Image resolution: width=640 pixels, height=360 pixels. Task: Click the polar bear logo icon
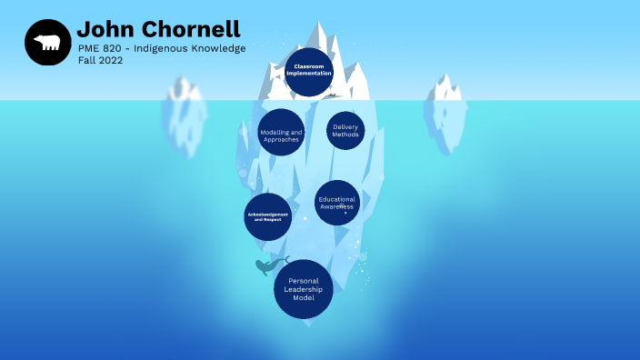click(x=47, y=43)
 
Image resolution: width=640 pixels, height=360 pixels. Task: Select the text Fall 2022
click(x=100, y=60)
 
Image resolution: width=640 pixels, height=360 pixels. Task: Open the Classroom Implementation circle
click(x=308, y=72)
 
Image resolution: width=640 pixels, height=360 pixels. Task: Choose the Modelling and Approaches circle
click(x=281, y=133)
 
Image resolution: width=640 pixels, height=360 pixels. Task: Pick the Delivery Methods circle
click(x=345, y=132)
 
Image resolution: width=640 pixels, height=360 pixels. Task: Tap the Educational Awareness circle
click(x=336, y=203)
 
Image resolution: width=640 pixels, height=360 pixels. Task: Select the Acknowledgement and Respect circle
click(x=268, y=216)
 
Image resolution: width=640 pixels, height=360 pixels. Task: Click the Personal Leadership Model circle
click(x=304, y=289)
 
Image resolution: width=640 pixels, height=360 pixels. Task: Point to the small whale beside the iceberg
click(x=265, y=266)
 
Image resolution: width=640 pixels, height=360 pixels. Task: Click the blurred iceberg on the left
click(x=184, y=114)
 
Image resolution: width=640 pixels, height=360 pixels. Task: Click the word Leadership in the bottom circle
click(x=304, y=289)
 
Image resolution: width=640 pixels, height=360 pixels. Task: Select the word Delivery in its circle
click(x=345, y=127)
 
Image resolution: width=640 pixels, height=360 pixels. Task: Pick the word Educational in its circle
click(x=336, y=198)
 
